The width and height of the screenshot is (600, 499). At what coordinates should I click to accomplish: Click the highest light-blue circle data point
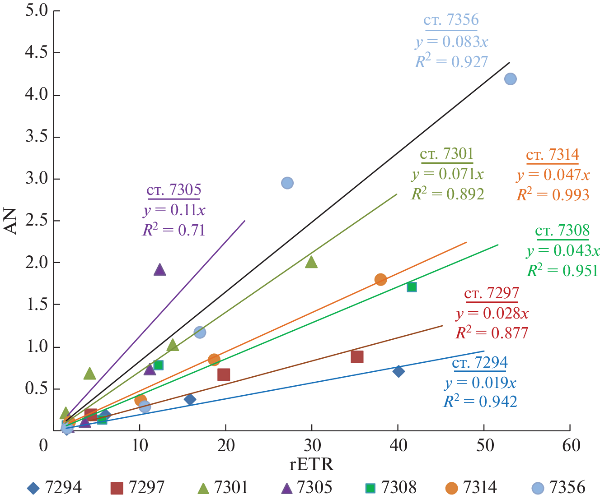point(510,79)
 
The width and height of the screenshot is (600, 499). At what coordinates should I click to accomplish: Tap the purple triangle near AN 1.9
point(159,270)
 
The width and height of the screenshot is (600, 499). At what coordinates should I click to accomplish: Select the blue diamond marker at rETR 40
point(398,371)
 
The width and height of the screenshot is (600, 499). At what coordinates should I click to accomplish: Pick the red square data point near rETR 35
point(357,357)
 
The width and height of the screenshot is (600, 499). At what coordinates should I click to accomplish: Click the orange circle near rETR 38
point(380,279)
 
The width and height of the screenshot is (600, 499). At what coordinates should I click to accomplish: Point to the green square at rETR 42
point(412,287)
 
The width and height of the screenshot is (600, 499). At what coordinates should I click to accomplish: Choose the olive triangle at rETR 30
point(311,262)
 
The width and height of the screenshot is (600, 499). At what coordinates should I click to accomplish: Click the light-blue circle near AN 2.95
point(287,183)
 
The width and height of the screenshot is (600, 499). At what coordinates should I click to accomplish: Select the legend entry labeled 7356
point(558,488)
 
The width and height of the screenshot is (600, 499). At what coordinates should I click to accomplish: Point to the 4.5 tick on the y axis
point(37,53)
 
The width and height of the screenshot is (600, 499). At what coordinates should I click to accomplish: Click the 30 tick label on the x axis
point(311,446)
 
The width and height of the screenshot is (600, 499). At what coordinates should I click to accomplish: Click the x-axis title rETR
point(311,464)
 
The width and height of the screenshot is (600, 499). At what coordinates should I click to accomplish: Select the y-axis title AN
point(10,221)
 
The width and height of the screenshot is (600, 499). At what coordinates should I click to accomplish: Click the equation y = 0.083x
point(452,42)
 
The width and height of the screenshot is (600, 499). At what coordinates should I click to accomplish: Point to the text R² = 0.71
point(174,230)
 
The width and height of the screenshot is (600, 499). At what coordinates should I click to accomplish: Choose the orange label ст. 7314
point(553,155)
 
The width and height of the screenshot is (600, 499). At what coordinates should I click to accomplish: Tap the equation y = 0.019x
point(480,383)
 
